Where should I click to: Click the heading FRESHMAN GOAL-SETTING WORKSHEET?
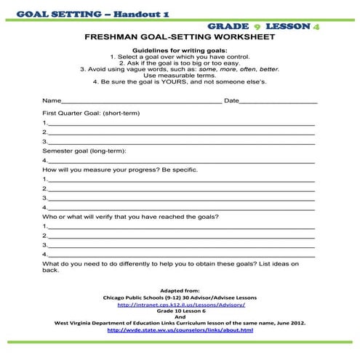click(x=180, y=35)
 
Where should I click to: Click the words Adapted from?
click(x=180, y=290)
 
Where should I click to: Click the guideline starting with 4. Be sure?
click(x=180, y=81)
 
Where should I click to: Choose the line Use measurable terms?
click(x=180, y=75)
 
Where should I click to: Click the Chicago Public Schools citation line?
click(x=180, y=297)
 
